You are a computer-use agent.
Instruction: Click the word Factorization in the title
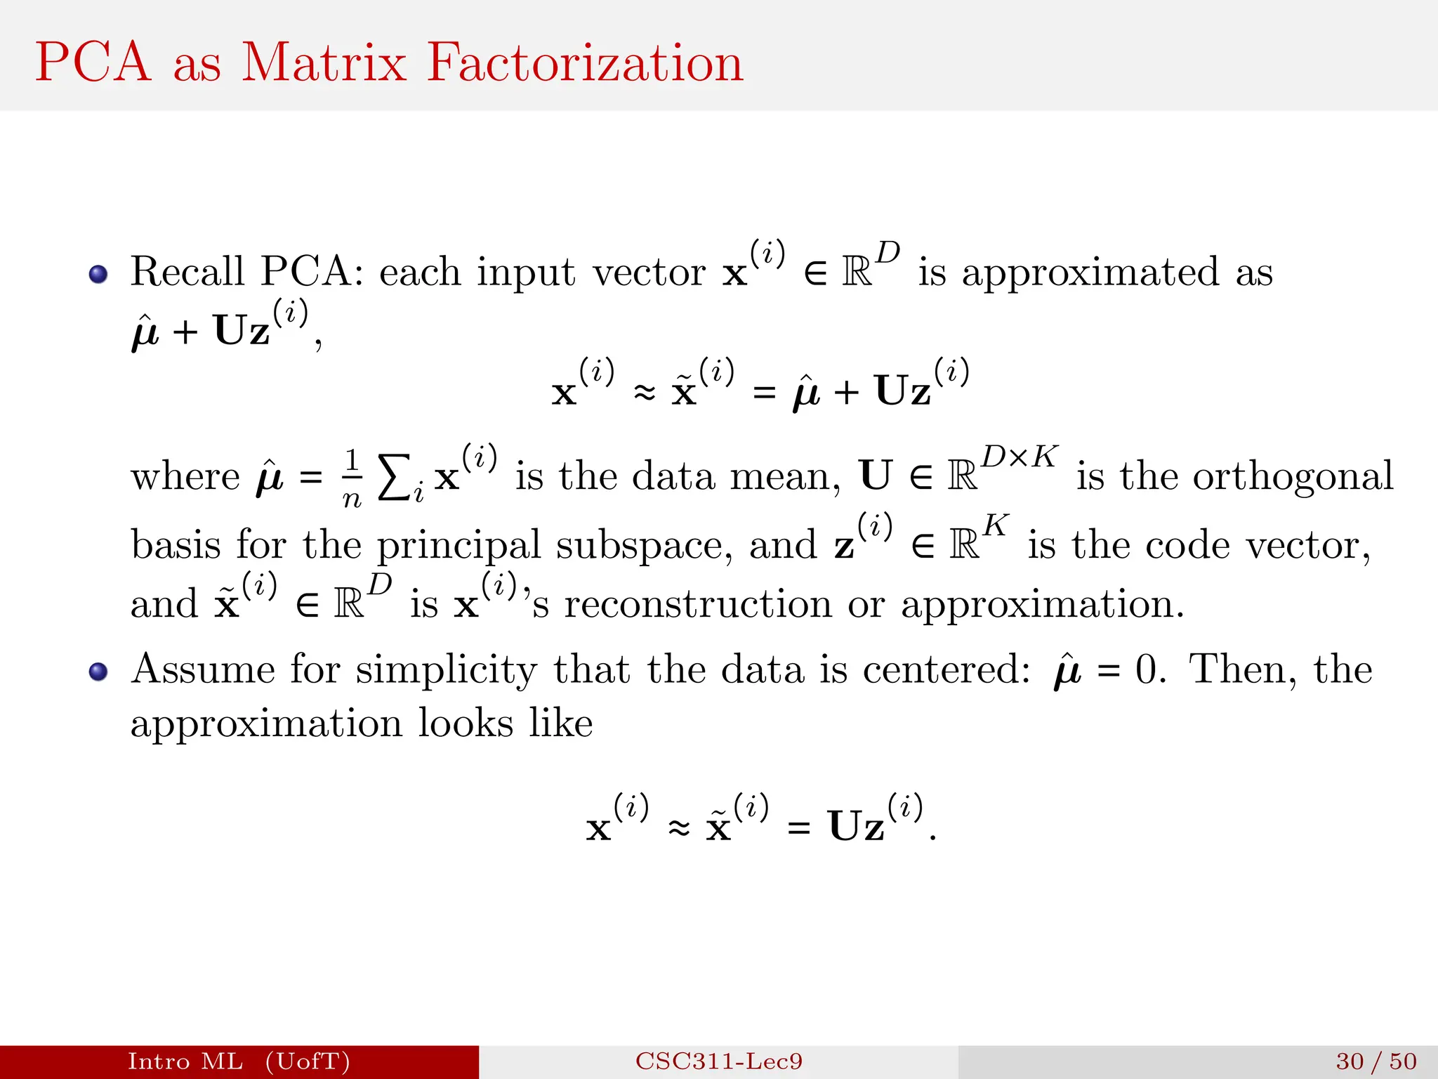(x=585, y=63)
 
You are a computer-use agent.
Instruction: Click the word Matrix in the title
(x=324, y=63)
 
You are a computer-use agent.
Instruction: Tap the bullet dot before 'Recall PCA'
(x=98, y=274)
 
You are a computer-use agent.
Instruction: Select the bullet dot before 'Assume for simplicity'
(x=98, y=672)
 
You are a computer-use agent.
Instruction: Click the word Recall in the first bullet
(x=187, y=271)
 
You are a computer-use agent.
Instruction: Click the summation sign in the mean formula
(x=393, y=478)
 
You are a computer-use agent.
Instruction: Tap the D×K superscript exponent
(x=1019, y=457)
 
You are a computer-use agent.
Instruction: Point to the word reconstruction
(x=698, y=604)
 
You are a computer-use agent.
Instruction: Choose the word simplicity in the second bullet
(x=446, y=670)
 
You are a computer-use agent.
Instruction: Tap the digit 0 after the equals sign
(x=1146, y=669)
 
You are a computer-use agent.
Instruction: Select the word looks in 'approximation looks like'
(x=466, y=723)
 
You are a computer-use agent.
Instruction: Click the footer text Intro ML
(x=185, y=1061)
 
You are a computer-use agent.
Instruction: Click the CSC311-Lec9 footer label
(x=719, y=1061)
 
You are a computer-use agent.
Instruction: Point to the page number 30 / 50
(x=1376, y=1061)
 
